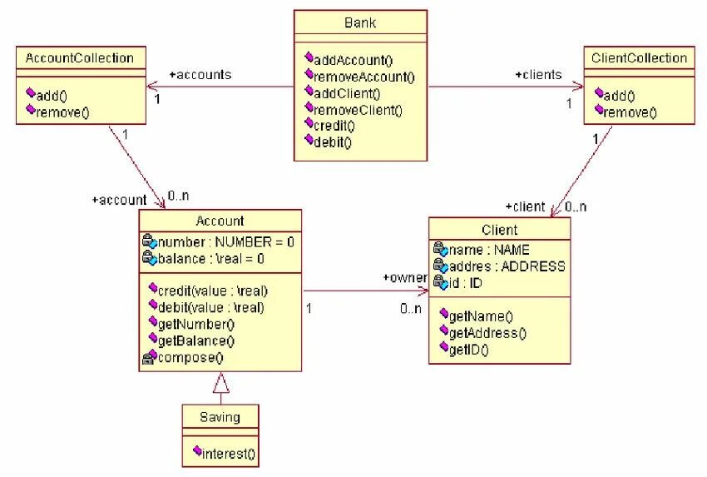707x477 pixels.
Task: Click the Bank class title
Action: point(360,22)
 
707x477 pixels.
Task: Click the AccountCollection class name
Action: point(80,58)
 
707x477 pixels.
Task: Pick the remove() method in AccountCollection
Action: point(62,112)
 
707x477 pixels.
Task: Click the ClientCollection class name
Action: point(640,58)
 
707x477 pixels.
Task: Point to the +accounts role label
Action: point(200,75)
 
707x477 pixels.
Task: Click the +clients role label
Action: point(538,75)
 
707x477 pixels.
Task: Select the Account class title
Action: point(220,221)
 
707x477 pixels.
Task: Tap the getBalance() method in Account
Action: point(196,340)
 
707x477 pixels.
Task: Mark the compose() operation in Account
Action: point(190,357)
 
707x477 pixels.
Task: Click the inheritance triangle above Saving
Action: point(220,383)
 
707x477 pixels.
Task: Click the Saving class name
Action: point(220,416)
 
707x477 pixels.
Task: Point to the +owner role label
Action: point(404,277)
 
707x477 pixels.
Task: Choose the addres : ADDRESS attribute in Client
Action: point(507,266)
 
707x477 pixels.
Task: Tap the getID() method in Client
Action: point(468,350)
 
